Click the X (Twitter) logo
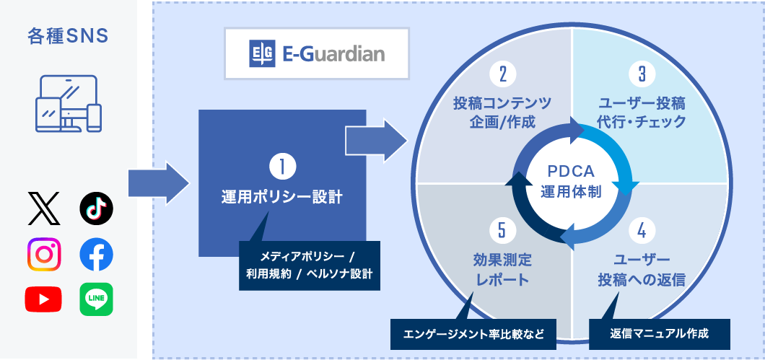[x=45, y=208]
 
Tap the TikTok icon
[x=96, y=208]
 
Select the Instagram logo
[x=45, y=254]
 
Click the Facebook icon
[x=96, y=254]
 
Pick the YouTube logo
[x=43, y=299]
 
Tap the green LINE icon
[x=96, y=299]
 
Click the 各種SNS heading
[x=68, y=37]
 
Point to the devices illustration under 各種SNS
[x=69, y=103]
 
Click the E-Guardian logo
[x=317, y=53]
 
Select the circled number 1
[x=282, y=167]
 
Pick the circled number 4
[x=642, y=231]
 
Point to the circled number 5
[x=502, y=231]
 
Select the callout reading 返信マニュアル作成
[x=659, y=334]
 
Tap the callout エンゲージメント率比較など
[x=473, y=334]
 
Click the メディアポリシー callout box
[x=310, y=265]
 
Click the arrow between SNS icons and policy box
[x=159, y=183]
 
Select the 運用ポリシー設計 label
[x=281, y=198]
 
